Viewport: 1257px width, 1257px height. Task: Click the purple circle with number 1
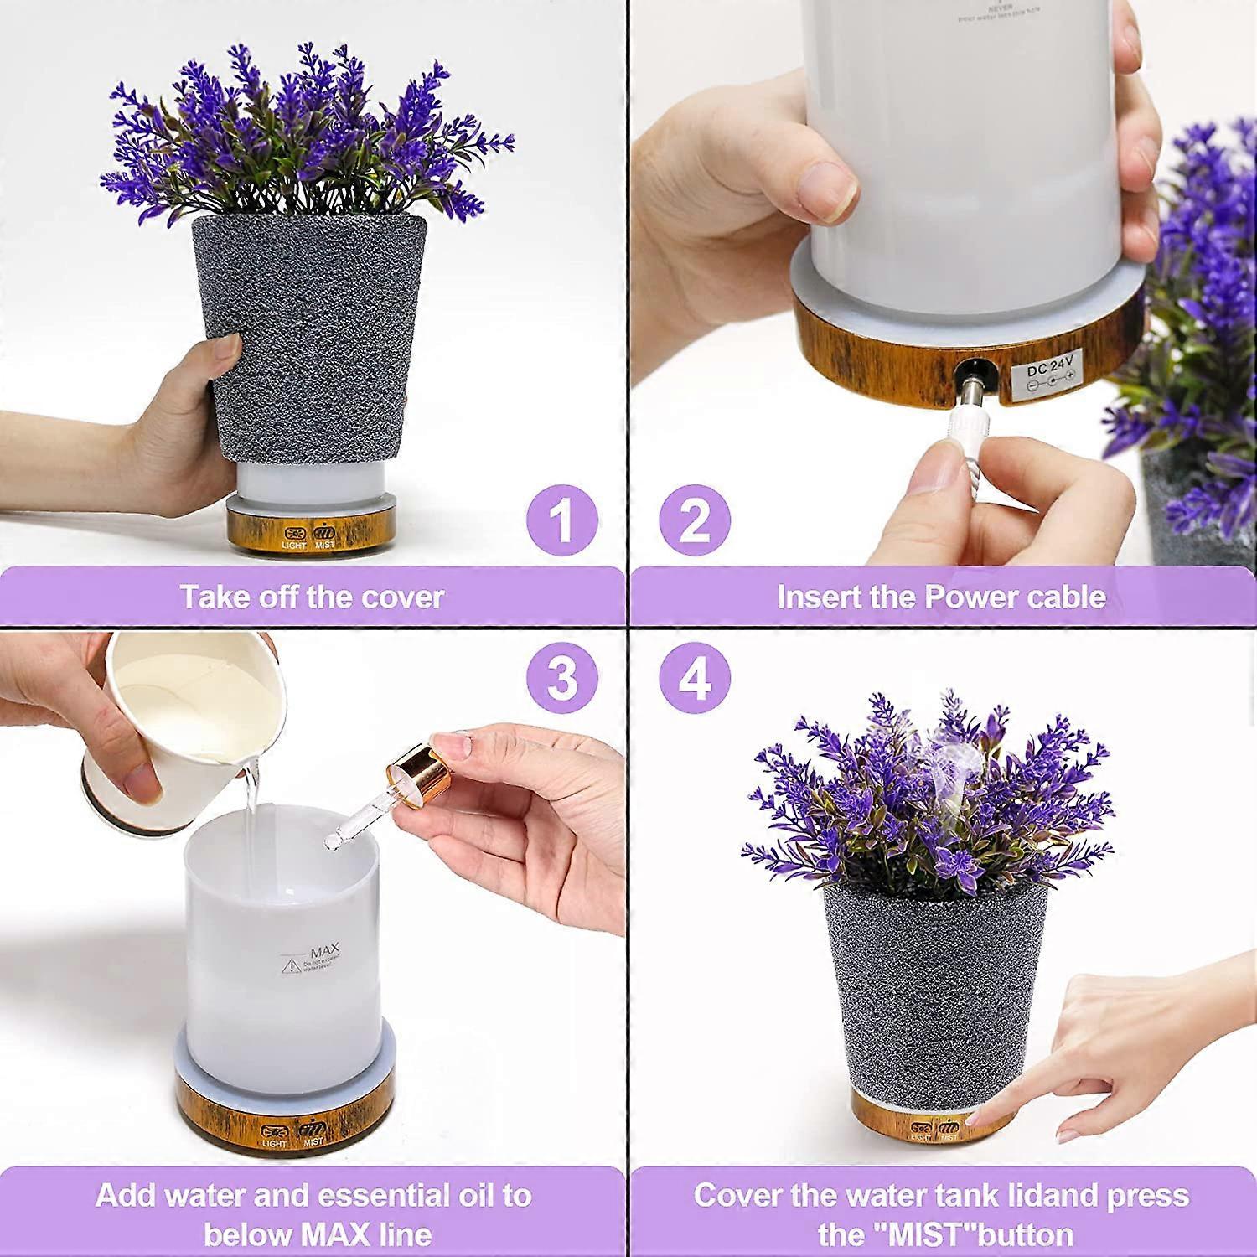(561, 520)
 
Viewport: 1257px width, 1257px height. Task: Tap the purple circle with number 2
(695, 520)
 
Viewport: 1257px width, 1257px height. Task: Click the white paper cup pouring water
(184, 721)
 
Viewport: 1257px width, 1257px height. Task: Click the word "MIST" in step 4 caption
(927, 1234)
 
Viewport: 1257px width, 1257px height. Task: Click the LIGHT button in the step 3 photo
(275, 1133)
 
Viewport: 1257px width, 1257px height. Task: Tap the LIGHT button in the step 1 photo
(295, 536)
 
